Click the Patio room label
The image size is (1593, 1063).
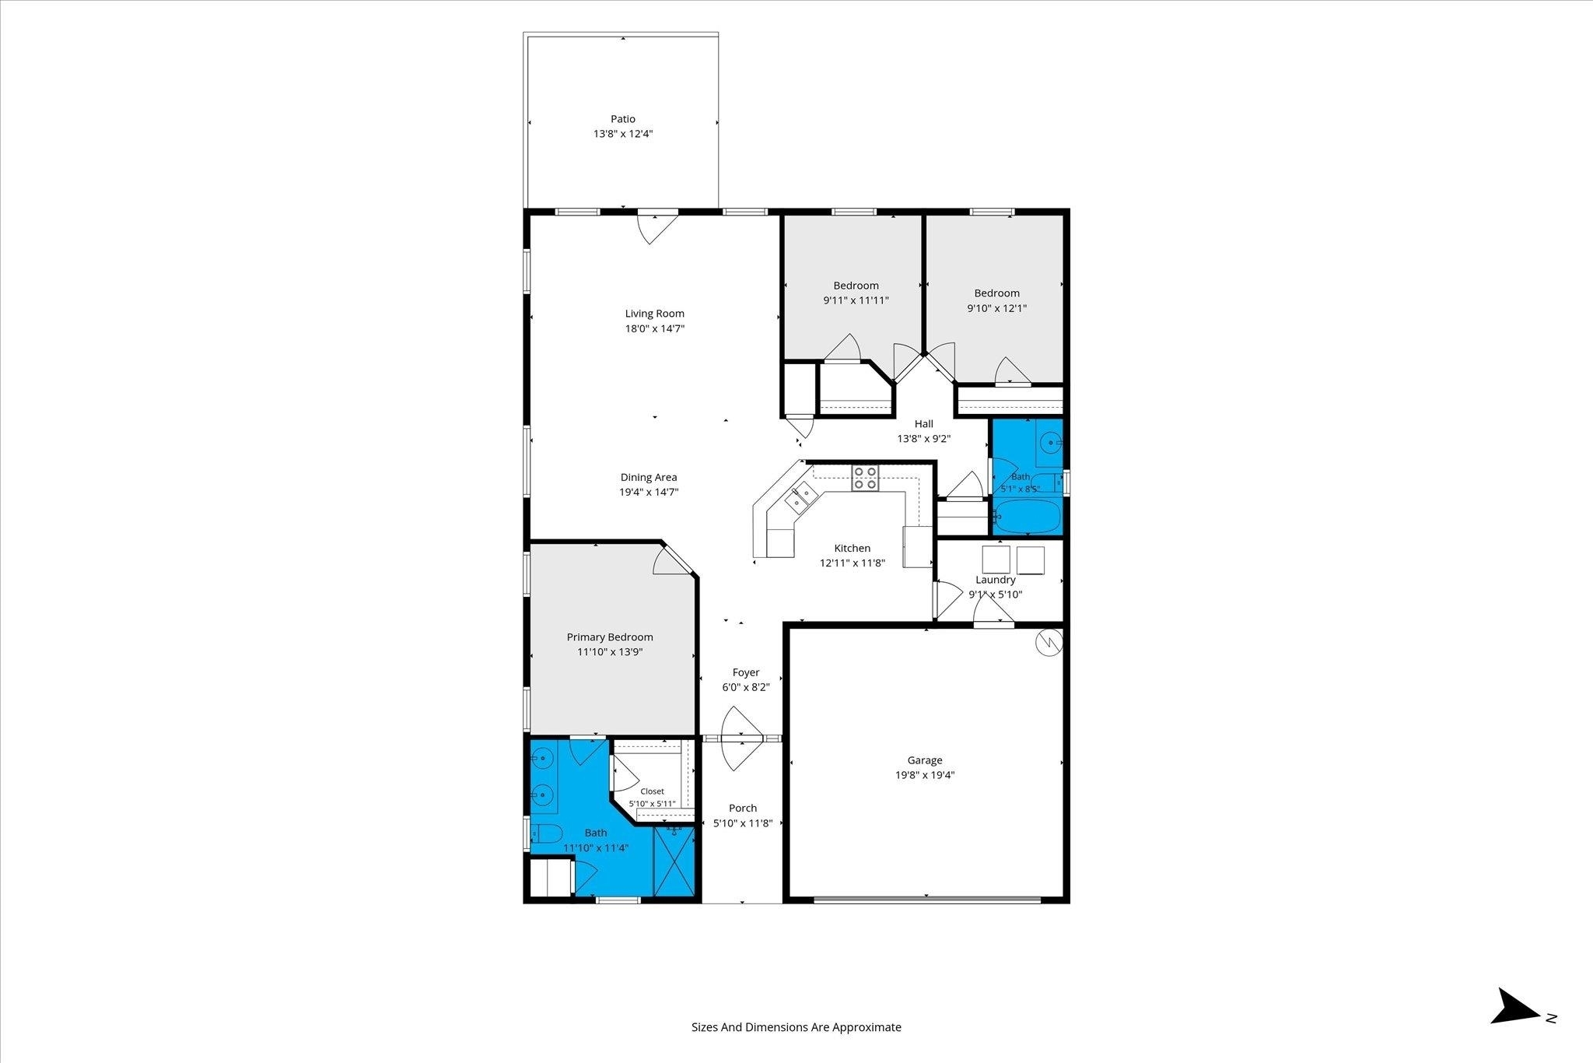click(622, 119)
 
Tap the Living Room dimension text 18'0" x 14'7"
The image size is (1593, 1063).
click(655, 328)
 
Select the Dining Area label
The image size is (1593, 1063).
click(649, 477)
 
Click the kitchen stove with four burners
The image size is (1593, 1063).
click(865, 477)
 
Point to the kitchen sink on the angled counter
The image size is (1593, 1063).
click(800, 498)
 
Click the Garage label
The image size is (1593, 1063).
click(925, 760)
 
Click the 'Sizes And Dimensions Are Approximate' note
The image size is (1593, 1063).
click(796, 1027)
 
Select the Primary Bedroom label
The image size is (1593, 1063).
click(610, 637)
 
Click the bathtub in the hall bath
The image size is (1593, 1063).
click(1028, 517)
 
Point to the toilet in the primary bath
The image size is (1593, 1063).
click(547, 835)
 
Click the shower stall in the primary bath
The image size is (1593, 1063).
click(674, 862)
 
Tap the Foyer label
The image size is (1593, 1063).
click(746, 672)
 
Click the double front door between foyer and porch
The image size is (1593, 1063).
click(742, 738)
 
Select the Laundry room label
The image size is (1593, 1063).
click(996, 580)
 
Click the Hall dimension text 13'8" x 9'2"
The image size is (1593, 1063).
click(924, 438)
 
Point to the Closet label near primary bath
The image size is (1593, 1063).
click(652, 791)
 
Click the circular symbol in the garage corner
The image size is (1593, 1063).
click(1048, 642)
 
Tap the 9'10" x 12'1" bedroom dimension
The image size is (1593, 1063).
click(997, 308)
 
